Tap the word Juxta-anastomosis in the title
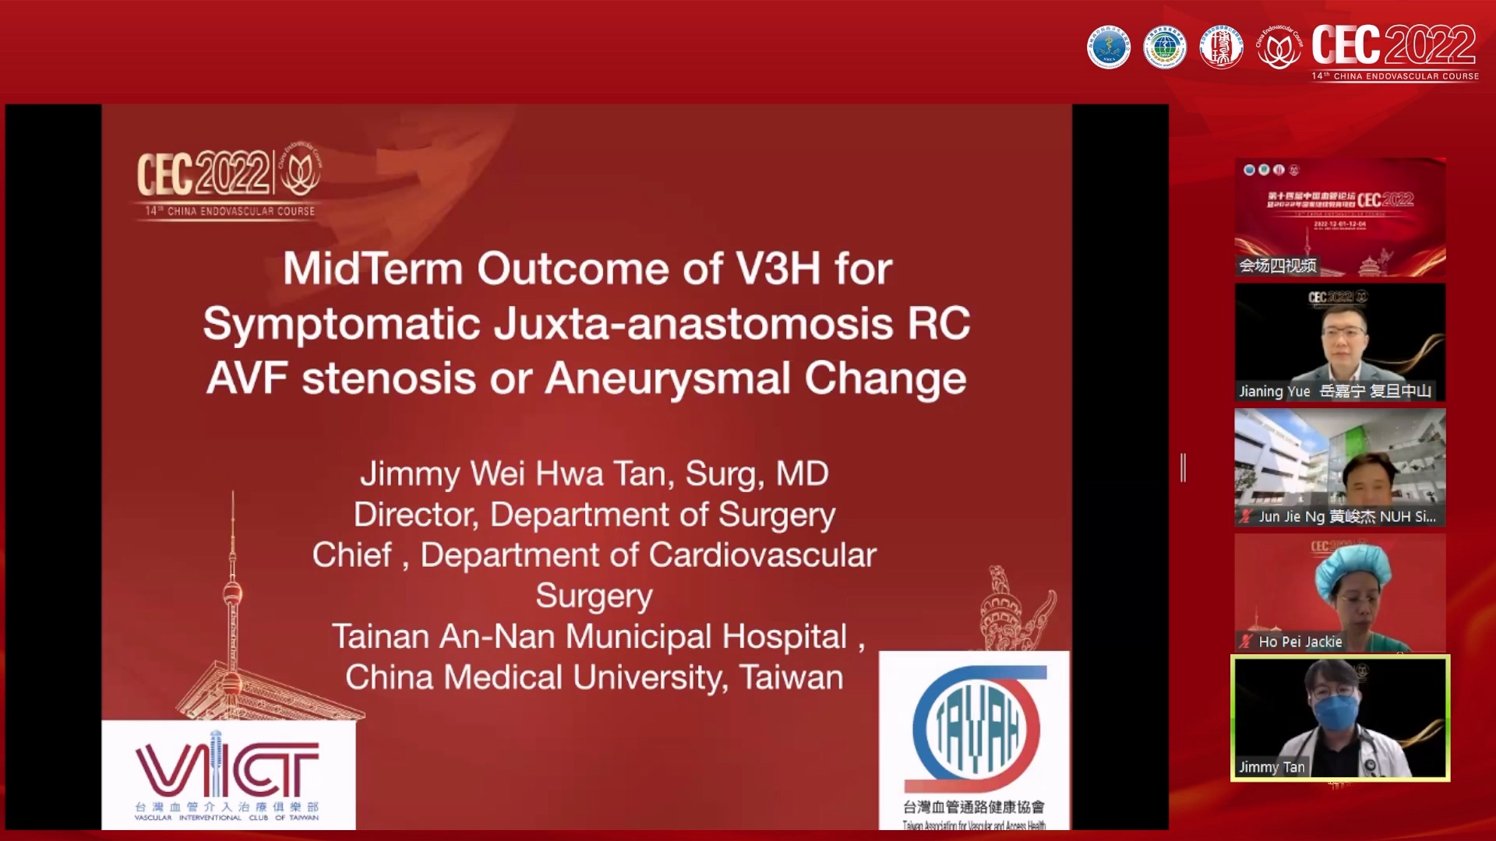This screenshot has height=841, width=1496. pyautogui.click(x=693, y=324)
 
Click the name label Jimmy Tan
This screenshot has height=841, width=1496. pyautogui.click(x=1272, y=767)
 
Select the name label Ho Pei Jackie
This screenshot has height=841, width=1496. pyautogui.click(x=1300, y=642)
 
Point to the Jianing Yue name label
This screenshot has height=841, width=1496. pyautogui.click(x=1275, y=391)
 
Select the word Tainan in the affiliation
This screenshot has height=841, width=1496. pyautogui.click(x=382, y=637)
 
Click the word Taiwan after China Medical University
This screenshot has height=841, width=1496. pyautogui.click(x=791, y=677)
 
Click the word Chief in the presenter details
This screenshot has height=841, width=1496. pyautogui.click(x=352, y=556)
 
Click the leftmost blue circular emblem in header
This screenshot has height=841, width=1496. pyautogui.click(x=1108, y=48)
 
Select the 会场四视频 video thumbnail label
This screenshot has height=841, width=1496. pyautogui.click(x=1278, y=266)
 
